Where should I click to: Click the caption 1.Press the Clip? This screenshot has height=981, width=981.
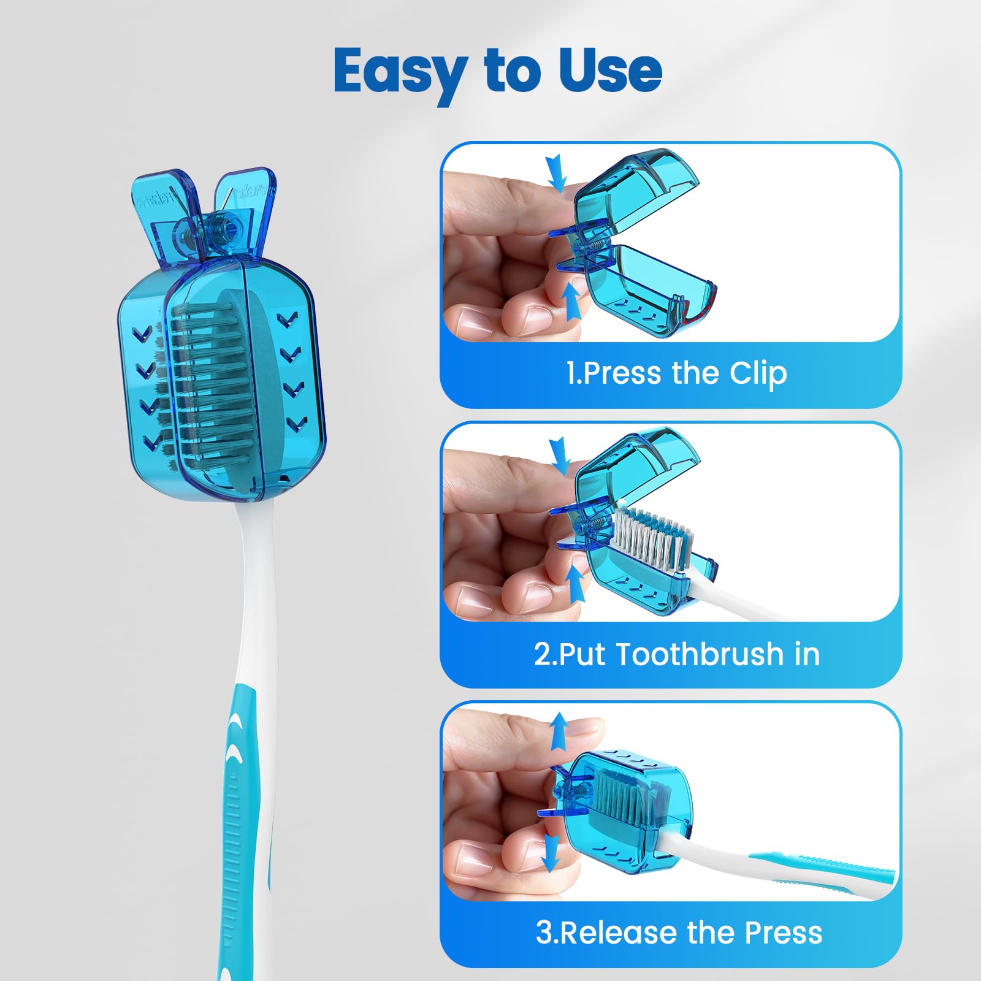pos(676,373)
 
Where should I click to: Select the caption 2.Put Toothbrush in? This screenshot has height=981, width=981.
pos(677,654)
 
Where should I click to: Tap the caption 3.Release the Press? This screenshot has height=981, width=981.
pos(679,933)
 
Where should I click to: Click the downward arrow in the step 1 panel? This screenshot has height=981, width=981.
pos(556,172)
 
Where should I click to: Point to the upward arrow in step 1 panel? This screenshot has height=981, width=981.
pos(572,302)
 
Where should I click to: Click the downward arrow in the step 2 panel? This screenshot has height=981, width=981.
pos(559,456)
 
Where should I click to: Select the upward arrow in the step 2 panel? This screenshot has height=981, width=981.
pos(574,584)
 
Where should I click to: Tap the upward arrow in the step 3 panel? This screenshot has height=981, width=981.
pos(559,732)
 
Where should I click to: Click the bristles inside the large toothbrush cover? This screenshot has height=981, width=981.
pos(212,380)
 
